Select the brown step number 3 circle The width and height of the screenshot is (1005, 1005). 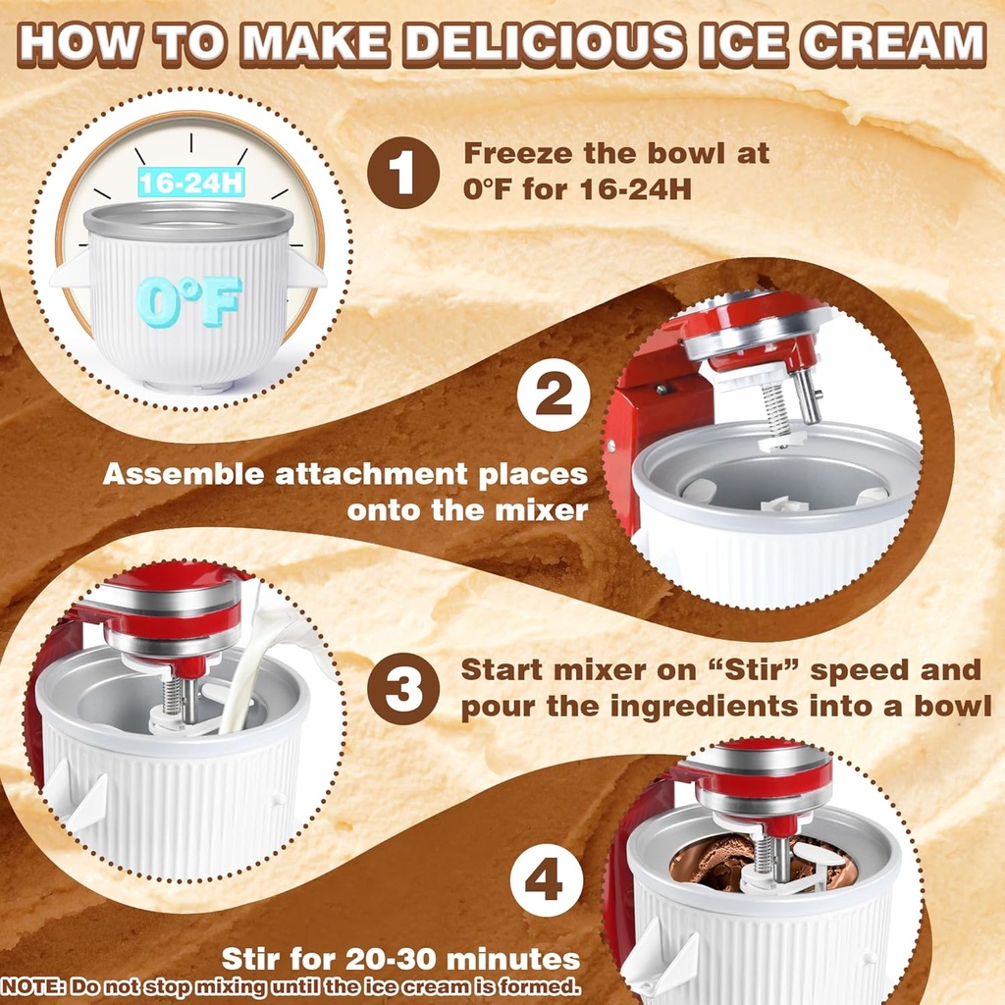point(403,689)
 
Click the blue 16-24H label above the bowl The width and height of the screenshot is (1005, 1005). point(191,182)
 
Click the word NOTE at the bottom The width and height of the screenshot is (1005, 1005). point(33,985)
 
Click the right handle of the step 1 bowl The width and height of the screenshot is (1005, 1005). point(307,270)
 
